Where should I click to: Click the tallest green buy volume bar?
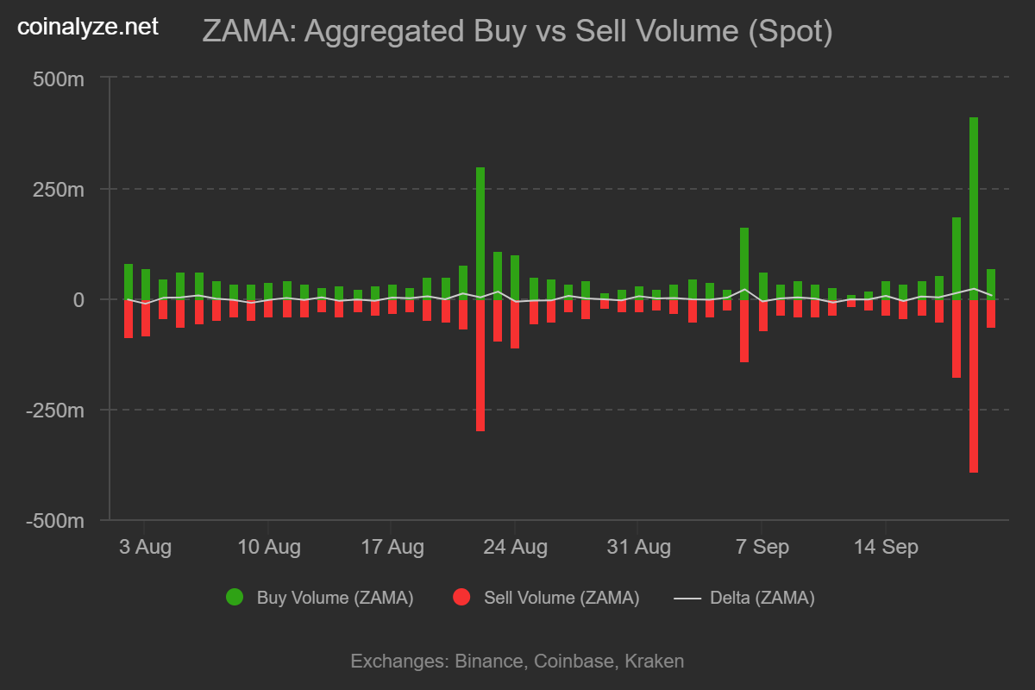(x=973, y=209)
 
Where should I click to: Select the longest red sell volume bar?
(x=973, y=386)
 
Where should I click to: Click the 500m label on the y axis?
(x=59, y=79)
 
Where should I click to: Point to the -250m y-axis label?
(x=55, y=411)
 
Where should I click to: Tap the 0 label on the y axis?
(x=78, y=300)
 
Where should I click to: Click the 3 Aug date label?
(x=145, y=547)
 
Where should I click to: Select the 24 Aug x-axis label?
(x=515, y=547)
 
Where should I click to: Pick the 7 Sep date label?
(x=762, y=547)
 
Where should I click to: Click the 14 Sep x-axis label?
(x=886, y=547)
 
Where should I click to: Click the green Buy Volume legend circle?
(x=235, y=597)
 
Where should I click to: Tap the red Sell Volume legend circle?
(x=461, y=597)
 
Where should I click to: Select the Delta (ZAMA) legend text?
(x=762, y=598)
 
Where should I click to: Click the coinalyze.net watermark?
(x=88, y=27)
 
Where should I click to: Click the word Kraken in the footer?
(x=655, y=662)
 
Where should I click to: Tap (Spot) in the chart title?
(x=790, y=32)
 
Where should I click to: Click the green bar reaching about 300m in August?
(x=480, y=234)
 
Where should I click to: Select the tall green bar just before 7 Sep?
(x=743, y=263)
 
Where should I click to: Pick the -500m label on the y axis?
(x=55, y=521)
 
